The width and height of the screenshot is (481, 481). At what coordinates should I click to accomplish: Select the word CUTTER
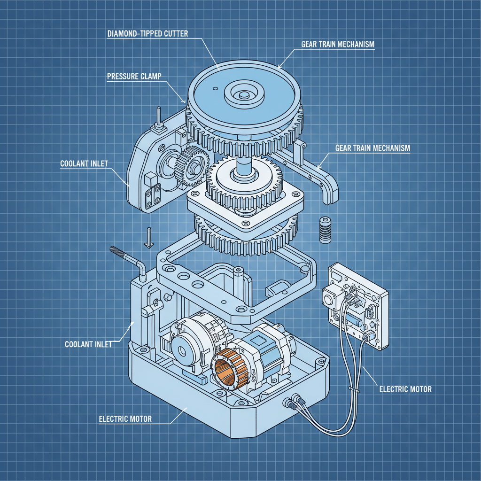pyautogui.click(x=176, y=33)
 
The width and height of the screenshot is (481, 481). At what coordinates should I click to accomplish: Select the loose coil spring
pyautogui.click(x=325, y=230)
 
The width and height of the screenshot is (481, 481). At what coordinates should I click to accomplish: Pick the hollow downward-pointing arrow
pyautogui.click(x=149, y=237)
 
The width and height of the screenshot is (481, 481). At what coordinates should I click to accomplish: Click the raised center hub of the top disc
pyautogui.click(x=244, y=93)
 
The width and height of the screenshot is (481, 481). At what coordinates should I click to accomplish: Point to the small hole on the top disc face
pyautogui.click(x=215, y=89)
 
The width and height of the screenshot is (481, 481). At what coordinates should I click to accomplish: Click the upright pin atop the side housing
pyautogui.click(x=159, y=118)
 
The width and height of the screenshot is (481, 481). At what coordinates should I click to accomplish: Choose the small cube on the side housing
pyautogui.click(x=151, y=179)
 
